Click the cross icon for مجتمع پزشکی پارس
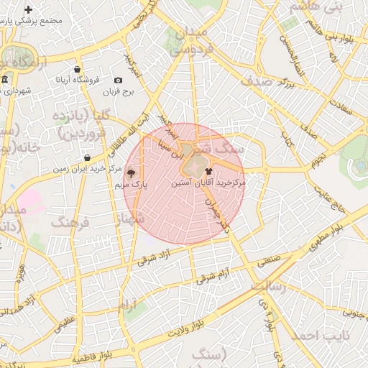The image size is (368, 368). click(x=28, y=10)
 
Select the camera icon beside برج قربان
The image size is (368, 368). click(x=118, y=80)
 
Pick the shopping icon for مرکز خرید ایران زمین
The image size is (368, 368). click(x=87, y=157)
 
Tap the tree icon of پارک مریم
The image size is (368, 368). click(x=130, y=172)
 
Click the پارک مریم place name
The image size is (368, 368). click(x=131, y=185)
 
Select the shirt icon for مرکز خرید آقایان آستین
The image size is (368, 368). click(x=208, y=171)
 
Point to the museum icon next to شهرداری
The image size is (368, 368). click(x=5, y=78)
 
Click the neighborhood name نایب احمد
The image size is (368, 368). click(x=315, y=336)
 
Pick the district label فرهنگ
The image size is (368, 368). click(x=69, y=222)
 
